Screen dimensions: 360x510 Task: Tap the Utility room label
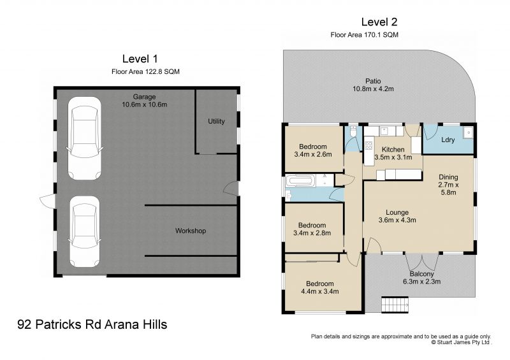tap(216, 121)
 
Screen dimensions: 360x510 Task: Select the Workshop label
tap(191, 231)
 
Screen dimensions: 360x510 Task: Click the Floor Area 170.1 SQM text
tap(364, 34)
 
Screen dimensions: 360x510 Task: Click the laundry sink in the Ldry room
tap(467, 134)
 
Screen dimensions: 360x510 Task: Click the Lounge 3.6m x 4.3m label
tap(397, 217)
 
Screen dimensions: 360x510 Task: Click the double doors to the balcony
tap(421, 261)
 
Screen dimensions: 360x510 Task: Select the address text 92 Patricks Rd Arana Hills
tap(92, 324)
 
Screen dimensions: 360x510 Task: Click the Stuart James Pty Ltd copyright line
tap(461, 342)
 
